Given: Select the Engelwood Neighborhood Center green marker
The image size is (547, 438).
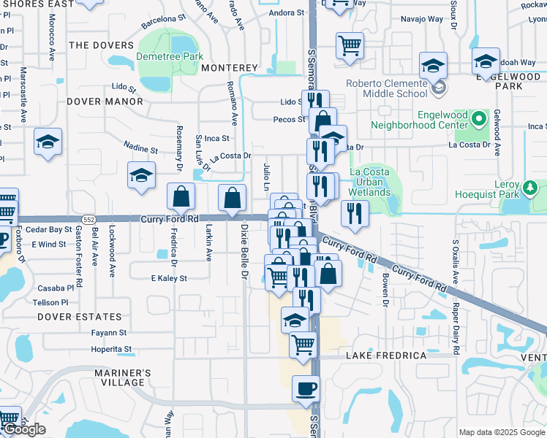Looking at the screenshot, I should coord(480,117).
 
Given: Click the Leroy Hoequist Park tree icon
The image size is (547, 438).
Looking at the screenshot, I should coord(529,189).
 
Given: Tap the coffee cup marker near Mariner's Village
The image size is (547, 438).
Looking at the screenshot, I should coord(306,388).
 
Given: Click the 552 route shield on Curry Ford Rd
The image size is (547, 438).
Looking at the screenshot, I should coord(88,219).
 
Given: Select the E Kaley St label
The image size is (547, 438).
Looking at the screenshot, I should coord(169,278).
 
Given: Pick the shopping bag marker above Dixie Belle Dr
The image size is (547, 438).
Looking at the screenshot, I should coord(233,198).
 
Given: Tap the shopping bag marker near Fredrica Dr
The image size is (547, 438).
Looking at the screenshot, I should coord(181,196).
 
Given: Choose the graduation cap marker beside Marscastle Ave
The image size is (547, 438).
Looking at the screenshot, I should coord(48,142).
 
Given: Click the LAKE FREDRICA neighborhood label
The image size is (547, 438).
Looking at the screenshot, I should coord(386,356).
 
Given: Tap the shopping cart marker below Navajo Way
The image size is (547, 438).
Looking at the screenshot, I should coord(350,45).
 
